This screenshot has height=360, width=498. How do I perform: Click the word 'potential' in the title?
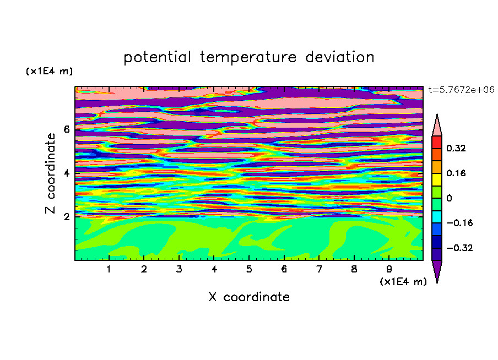click(157, 58)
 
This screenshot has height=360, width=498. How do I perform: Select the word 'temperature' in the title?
click(248, 57)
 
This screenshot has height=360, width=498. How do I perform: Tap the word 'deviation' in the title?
click(340, 57)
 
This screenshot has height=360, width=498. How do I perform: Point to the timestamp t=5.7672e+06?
click(461, 90)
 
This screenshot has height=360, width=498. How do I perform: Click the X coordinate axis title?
click(249, 297)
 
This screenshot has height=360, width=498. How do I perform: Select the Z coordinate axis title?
click(51, 173)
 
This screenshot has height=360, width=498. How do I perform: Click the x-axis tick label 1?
click(109, 269)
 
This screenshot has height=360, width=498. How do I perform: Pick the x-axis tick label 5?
click(249, 269)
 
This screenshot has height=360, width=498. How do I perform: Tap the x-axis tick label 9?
click(389, 269)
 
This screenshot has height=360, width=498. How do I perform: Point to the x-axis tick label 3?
click(179, 269)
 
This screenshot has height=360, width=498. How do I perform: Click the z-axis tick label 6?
click(66, 129)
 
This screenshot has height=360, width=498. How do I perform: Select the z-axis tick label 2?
click(66, 216)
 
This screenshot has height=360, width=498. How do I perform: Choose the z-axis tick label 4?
click(66, 173)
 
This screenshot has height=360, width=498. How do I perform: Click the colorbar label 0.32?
click(456, 148)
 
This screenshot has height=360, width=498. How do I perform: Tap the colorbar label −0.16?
click(459, 223)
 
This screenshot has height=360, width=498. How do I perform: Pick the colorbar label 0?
click(449, 198)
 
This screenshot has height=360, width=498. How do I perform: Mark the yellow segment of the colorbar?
click(437, 179)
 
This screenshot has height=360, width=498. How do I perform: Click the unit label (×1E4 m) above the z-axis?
click(49, 71)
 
